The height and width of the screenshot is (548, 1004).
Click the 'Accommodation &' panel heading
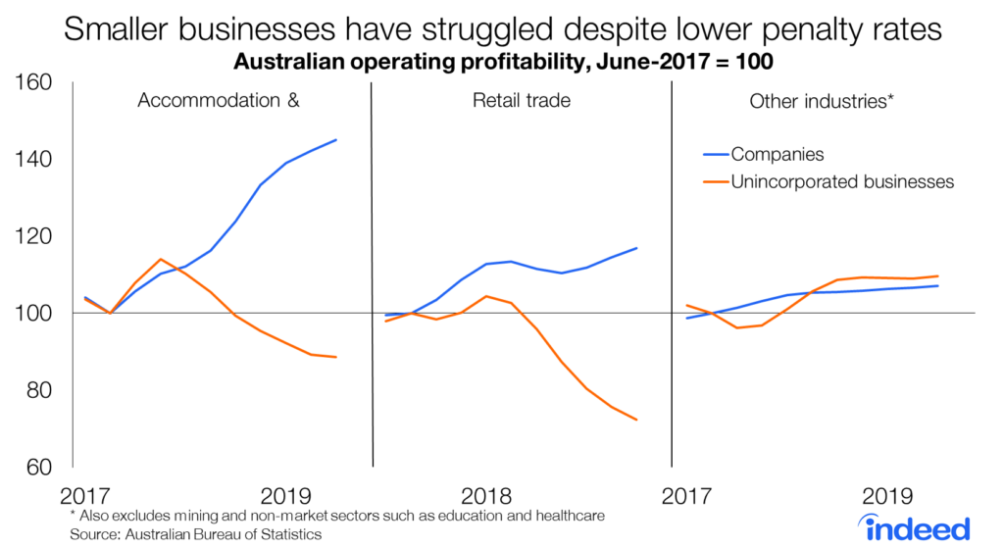[x=219, y=100]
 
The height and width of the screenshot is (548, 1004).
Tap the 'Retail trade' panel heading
[x=521, y=100]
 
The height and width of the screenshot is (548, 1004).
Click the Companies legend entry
[x=778, y=154]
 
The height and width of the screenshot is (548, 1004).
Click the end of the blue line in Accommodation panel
[x=336, y=139]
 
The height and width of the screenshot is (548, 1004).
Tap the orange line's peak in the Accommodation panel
[x=161, y=259]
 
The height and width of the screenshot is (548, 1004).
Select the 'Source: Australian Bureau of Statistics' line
[x=195, y=534]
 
